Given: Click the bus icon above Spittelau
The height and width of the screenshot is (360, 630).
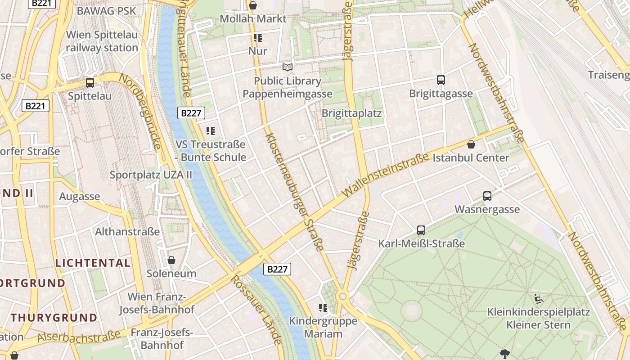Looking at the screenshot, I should [x=90, y=83].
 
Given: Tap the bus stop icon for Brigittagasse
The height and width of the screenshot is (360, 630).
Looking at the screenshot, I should [x=441, y=80].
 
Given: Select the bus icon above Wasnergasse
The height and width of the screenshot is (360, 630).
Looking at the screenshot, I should [x=487, y=196].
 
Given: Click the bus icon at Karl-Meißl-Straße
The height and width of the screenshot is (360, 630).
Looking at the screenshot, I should [x=421, y=230].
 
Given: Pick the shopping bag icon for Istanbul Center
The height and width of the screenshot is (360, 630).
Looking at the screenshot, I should [x=471, y=144].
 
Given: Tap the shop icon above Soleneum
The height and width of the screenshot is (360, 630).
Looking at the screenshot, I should [x=171, y=260].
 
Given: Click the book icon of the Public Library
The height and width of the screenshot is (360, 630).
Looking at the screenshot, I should [x=288, y=67].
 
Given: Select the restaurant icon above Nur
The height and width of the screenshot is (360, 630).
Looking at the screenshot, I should [x=258, y=38].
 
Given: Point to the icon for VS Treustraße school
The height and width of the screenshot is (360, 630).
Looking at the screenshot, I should [x=211, y=131].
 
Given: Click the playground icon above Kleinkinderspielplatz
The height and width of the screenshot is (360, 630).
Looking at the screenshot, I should [x=538, y=299].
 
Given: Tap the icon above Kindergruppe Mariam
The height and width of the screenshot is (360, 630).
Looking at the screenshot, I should [x=323, y=308].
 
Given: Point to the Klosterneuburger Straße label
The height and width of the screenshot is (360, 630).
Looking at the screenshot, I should [x=295, y=191].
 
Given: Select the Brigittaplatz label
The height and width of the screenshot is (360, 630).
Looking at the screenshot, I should [x=351, y=113].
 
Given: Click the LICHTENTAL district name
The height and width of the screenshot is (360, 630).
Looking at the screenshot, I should [x=93, y=263].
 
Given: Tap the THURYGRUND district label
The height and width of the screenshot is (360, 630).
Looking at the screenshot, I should [x=54, y=317].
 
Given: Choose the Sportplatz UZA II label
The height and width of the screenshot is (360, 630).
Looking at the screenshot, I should [x=151, y=175].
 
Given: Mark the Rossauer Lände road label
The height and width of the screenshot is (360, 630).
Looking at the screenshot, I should [x=256, y=310].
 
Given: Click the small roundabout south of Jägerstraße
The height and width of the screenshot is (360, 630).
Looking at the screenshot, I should [x=343, y=296].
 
